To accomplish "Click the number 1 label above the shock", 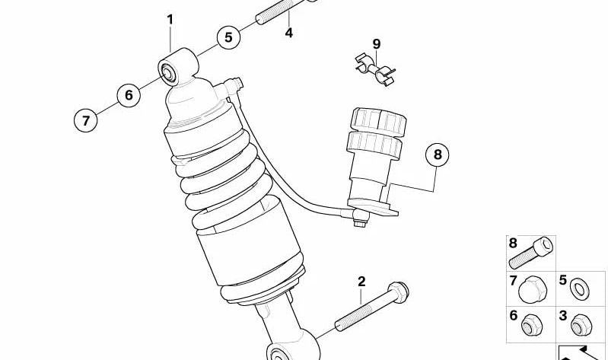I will pos(170,19).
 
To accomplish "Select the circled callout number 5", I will pos(228,38).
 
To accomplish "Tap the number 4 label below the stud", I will pos(289,33).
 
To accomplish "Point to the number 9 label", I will pos(376,43).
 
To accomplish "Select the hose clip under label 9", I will pos(374,67).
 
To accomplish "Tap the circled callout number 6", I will pos(129,94).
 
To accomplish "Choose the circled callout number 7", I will pos(86,119).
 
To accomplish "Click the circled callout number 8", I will pos(437,155).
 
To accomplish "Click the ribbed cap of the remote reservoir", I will pos(377,122).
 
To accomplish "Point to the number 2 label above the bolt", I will pos(361,282).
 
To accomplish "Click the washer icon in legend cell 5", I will pos(580,288).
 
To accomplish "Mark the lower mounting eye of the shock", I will pos(280,351).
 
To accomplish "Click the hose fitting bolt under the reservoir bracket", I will pos(358,221).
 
